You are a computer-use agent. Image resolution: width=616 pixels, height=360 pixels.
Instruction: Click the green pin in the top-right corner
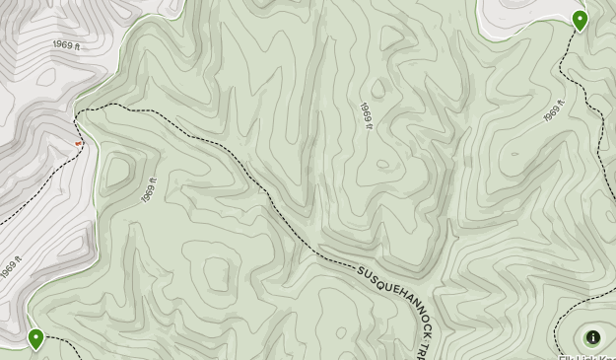click(x=581, y=19)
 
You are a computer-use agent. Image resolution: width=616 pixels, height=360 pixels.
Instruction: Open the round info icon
click(x=593, y=337)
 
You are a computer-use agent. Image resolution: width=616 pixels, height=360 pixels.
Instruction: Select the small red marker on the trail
click(x=80, y=144)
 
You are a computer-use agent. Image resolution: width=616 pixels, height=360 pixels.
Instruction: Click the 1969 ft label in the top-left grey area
click(x=67, y=45)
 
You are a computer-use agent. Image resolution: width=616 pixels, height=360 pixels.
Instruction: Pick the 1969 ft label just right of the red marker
click(x=149, y=189)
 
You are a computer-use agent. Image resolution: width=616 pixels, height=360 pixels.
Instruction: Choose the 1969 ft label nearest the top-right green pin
click(x=554, y=111)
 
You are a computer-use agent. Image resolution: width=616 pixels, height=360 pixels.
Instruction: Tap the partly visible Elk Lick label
click(x=586, y=356)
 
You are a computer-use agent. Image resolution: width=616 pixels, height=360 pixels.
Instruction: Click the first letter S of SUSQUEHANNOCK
click(x=362, y=269)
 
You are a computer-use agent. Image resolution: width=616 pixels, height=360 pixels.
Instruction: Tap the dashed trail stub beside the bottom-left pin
click(x=61, y=340)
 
